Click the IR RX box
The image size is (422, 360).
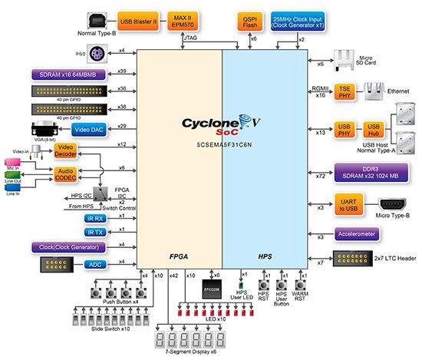click(94, 218)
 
